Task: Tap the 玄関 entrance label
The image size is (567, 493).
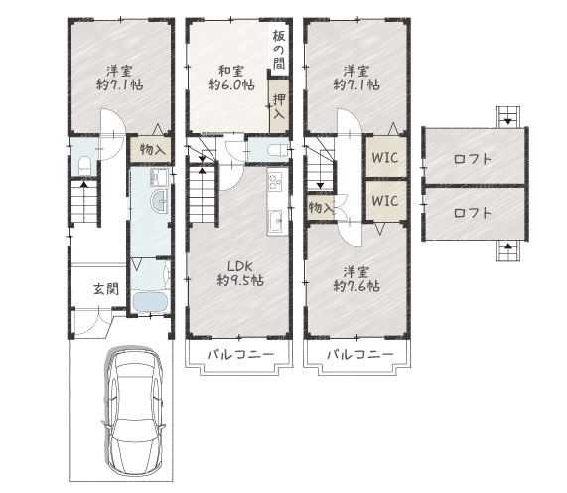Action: tap(106, 289)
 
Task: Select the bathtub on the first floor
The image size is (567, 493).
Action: tap(150, 302)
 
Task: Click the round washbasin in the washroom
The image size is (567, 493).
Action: tap(159, 201)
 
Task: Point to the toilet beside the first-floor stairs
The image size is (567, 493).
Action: tap(84, 165)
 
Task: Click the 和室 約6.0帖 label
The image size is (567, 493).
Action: tap(231, 78)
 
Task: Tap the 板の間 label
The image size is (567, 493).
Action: tap(279, 50)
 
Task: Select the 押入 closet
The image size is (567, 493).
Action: tap(279, 106)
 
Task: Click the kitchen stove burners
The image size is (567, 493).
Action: tap(275, 181)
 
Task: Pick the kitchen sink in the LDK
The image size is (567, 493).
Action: tap(275, 221)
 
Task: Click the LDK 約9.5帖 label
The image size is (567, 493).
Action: tap(240, 273)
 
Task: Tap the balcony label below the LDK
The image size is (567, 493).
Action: tap(240, 354)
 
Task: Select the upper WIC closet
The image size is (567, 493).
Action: tap(385, 157)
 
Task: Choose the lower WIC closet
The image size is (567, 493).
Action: tap(385, 200)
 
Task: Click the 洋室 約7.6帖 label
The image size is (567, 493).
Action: tap(356, 279)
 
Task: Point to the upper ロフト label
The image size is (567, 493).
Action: tap(473, 159)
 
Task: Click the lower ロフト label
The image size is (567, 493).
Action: tap(473, 212)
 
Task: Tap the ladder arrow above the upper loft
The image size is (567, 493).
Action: tap(508, 121)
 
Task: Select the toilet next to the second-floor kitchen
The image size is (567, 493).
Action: tap(277, 149)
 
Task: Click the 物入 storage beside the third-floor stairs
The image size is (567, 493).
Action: tap(320, 208)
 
